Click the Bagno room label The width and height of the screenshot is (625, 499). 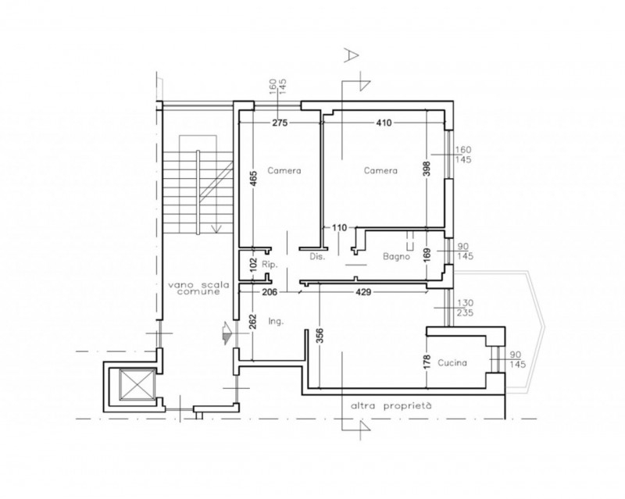(x=396, y=256)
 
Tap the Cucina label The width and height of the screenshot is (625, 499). (x=452, y=362)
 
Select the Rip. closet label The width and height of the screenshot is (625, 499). (x=270, y=264)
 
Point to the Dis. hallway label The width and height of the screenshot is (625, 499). (x=317, y=257)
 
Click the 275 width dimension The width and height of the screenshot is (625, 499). (x=280, y=123)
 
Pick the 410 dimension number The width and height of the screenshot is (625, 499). (x=384, y=123)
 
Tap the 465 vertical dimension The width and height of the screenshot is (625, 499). (x=253, y=178)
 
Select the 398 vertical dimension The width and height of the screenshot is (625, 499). (x=427, y=169)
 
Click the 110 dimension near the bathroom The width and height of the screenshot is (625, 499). (x=340, y=228)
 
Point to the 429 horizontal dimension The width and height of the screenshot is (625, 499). (x=363, y=292)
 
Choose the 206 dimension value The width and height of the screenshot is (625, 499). (x=270, y=292)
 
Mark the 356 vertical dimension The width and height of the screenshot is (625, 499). (x=320, y=336)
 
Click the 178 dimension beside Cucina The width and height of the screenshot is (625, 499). (x=427, y=362)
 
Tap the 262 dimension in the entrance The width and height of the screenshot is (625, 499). (x=253, y=322)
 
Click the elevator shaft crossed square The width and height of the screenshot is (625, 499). (x=137, y=384)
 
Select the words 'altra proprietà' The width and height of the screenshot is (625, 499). (x=391, y=407)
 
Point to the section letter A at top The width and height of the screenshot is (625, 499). (x=351, y=55)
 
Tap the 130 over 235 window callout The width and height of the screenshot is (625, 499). (x=464, y=308)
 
